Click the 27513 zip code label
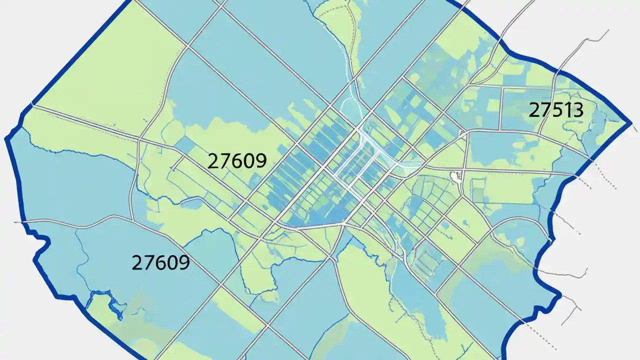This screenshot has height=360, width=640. pyautogui.click(x=556, y=110)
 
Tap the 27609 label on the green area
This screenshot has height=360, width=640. pyautogui.click(x=236, y=161)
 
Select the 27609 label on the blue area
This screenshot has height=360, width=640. pyautogui.click(x=160, y=262)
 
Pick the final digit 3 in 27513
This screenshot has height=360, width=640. pyautogui.click(x=577, y=110)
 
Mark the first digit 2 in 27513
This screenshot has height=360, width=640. pyautogui.click(x=534, y=110)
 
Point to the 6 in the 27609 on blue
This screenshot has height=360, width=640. pyautogui.click(x=160, y=262)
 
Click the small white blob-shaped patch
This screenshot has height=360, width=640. pyautogui.click(x=456, y=175)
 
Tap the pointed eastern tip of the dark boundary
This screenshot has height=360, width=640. pyautogui.click(x=630, y=122)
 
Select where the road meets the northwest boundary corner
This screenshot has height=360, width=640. pyautogui.click(x=33, y=104)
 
